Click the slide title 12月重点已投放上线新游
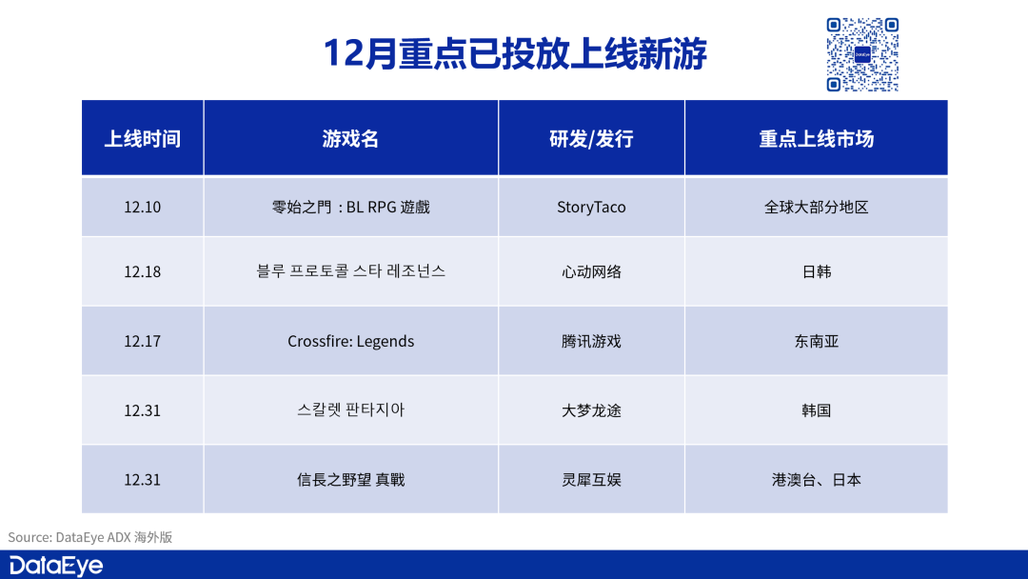pos(515,53)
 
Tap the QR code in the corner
pos(862,54)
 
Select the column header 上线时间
pos(142,138)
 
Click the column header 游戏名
pos(350,138)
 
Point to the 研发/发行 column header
pos(591,138)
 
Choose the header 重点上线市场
pos(817,138)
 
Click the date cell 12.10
pos(142,208)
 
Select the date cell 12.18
pos(142,271)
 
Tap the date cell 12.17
pos(142,341)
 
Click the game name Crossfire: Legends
pos(350,341)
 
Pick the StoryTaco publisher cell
pos(591,208)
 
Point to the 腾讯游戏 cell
pos(591,341)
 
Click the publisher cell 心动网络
pos(591,271)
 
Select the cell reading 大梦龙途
pos(591,410)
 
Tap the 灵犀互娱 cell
pos(591,479)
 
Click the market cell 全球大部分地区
pos(817,208)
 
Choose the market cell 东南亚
pos(817,341)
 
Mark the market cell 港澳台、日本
pos(817,479)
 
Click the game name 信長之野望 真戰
pos(350,479)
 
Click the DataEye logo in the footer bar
pos(56,566)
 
